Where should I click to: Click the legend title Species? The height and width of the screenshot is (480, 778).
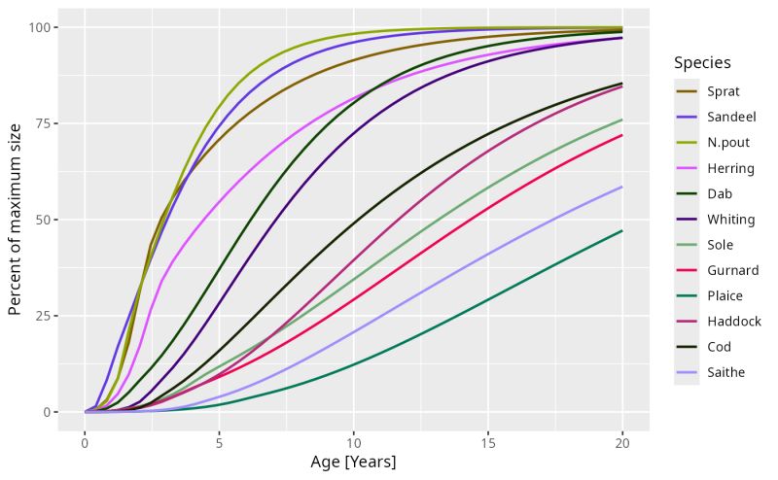pyautogui.click(x=702, y=63)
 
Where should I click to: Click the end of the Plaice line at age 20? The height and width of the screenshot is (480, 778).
pyautogui.click(x=622, y=230)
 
